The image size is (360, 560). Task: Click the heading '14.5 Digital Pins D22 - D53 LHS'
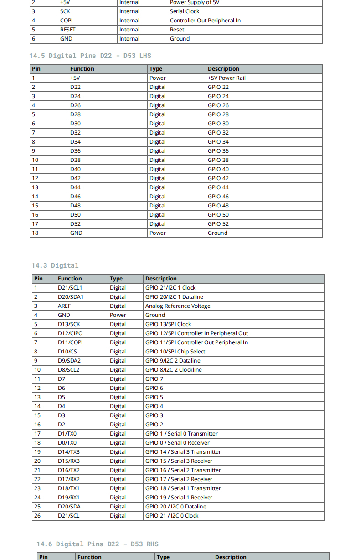[x=90, y=56]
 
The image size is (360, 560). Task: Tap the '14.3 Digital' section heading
[x=55, y=265]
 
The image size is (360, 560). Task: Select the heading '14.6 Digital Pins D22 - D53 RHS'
[x=98, y=544]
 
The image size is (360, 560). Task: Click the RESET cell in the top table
[x=68, y=30]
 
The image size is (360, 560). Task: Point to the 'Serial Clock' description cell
[x=185, y=11]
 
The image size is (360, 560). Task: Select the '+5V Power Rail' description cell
[x=226, y=78]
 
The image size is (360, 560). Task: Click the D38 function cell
[x=76, y=160]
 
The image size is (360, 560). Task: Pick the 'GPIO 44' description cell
[x=218, y=187]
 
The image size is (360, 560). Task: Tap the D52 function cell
[x=76, y=224]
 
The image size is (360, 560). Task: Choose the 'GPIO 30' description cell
[x=218, y=124]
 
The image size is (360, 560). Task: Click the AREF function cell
[x=64, y=306]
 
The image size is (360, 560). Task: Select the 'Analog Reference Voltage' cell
[x=178, y=306]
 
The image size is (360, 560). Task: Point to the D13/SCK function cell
[x=69, y=324]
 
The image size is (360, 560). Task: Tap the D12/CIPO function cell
[x=70, y=333]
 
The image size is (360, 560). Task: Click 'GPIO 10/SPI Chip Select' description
[x=175, y=352]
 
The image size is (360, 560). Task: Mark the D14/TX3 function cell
[x=69, y=452]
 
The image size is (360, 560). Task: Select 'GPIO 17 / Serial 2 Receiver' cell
[x=179, y=479]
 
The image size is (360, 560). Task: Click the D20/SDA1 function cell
[x=71, y=297]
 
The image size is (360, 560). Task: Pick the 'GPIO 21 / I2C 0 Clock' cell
[x=172, y=516]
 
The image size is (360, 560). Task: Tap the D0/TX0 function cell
[x=67, y=443]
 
